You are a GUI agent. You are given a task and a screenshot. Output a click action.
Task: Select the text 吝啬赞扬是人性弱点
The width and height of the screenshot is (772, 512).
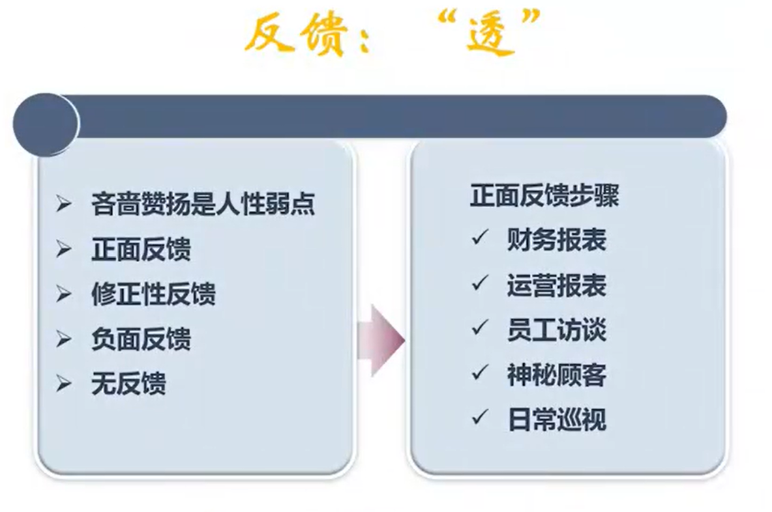tap(203, 203)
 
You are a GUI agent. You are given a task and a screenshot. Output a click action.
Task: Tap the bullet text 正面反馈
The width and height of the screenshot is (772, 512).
tap(140, 249)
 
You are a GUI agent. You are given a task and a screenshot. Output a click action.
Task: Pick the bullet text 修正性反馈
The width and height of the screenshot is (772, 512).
tap(153, 294)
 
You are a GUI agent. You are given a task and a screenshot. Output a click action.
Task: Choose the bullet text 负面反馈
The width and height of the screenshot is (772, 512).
tap(140, 339)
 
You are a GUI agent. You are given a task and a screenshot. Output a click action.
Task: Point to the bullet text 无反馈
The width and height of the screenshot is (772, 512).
tap(128, 384)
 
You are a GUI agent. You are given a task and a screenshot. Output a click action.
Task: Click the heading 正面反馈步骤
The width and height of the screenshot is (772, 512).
tap(544, 195)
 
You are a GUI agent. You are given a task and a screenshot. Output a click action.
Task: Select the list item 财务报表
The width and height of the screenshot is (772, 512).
tap(556, 240)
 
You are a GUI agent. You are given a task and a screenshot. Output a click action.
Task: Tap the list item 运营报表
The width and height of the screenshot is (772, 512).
tap(556, 285)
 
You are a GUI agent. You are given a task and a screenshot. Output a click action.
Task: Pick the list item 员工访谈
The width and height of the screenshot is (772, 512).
tap(556, 330)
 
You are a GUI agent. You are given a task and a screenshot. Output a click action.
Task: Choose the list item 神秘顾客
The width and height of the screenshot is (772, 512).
tap(556, 375)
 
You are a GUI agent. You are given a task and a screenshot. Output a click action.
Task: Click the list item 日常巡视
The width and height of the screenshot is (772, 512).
tap(556, 420)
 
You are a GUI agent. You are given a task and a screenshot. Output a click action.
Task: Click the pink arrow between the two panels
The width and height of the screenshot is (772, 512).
tap(382, 341)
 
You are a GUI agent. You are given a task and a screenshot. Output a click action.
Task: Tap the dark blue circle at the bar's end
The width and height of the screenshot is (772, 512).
tap(46, 124)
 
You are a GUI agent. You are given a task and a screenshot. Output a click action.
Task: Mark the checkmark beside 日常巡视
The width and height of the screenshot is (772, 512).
tap(479, 417)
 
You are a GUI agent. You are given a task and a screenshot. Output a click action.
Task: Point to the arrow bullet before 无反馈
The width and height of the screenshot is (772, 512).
tap(63, 384)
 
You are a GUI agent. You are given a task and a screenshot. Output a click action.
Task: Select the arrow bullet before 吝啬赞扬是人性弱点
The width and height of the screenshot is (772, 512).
tap(63, 203)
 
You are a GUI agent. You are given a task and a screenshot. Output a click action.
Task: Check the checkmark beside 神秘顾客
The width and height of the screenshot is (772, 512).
tap(479, 372)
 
